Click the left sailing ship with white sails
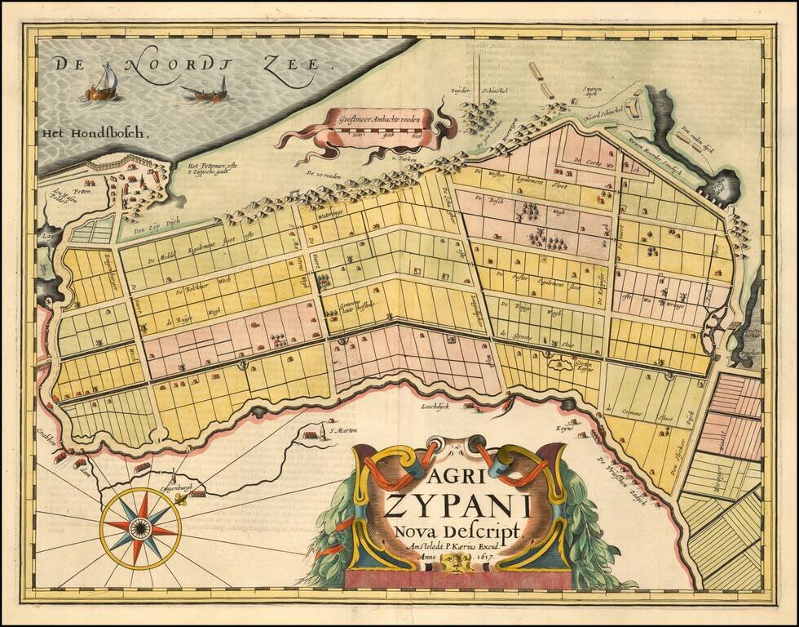click(x=102, y=84)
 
